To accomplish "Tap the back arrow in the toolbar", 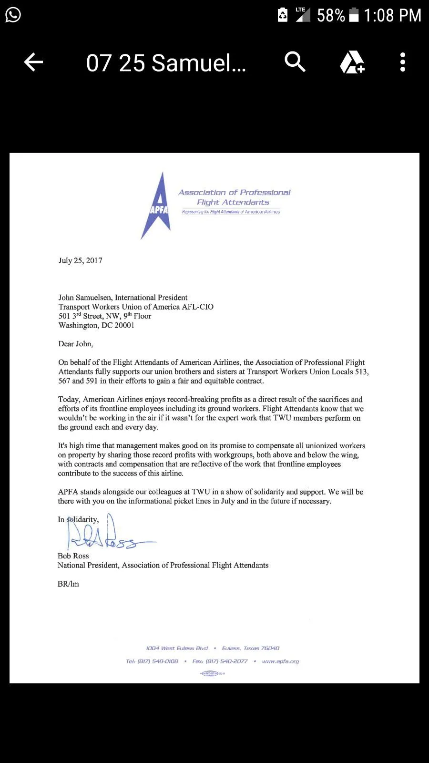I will (33, 62).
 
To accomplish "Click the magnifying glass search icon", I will (295, 62).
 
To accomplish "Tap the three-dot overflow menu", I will (403, 62).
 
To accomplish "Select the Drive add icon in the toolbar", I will (352, 62).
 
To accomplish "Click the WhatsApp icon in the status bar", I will (13, 15).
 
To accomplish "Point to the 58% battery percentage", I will (330, 16).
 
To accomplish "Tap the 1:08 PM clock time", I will (392, 16).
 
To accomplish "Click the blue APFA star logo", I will (159, 206).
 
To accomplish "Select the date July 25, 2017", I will (81, 260).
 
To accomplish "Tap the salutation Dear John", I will (76, 344).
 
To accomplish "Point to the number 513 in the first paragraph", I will (361, 371).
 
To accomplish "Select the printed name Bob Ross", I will (73, 556).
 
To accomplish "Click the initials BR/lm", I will (68, 584).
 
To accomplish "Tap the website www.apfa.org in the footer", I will (280, 661).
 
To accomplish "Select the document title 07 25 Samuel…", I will (166, 63).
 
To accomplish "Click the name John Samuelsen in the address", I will (85, 298).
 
